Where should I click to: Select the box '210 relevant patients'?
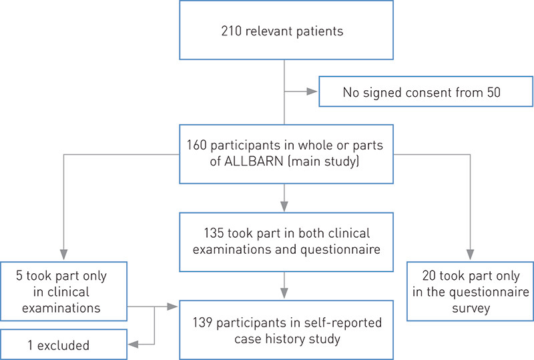pos(284,30)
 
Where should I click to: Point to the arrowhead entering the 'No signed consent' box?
pos(312,91)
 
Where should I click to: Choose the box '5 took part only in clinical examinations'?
pos(63,291)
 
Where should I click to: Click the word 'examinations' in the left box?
pos(63,307)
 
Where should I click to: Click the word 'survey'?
pos(470,309)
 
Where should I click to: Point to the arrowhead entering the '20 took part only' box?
pos(470,254)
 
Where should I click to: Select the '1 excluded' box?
pos(63,345)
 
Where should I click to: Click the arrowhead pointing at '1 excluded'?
pos(132,345)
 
